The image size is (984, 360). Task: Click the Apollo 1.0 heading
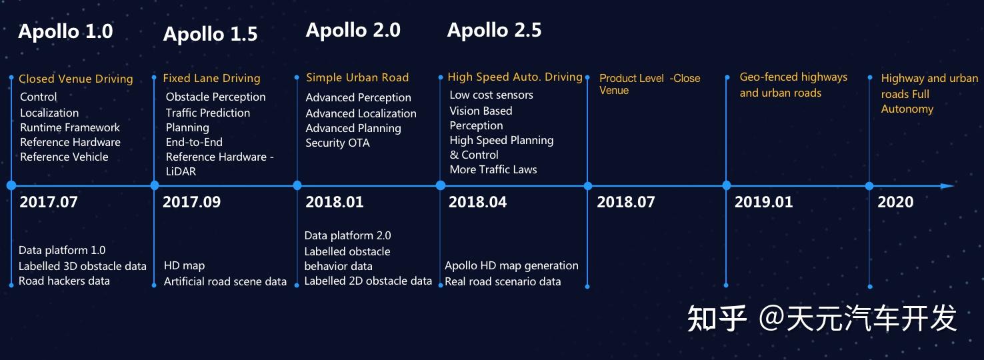pyautogui.click(x=65, y=31)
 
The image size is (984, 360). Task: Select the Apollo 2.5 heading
pyautogui.click(x=494, y=30)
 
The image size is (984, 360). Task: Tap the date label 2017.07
pyautogui.click(x=49, y=202)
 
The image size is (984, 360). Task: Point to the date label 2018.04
pyautogui.click(x=477, y=202)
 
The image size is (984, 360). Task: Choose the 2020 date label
pyautogui.click(x=895, y=202)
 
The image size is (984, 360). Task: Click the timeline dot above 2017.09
pyautogui.click(x=155, y=186)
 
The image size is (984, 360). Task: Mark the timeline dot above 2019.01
pyautogui.click(x=726, y=186)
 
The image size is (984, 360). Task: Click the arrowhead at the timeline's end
pyautogui.click(x=947, y=186)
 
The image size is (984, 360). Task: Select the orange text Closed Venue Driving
pyautogui.click(x=76, y=79)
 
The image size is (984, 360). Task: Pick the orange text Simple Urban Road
pyautogui.click(x=357, y=78)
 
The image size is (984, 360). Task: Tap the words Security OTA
pyautogui.click(x=337, y=143)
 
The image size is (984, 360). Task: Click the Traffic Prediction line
pyautogui.click(x=208, y=113)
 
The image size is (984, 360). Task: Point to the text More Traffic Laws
pyautogui.click(x=493, y=169)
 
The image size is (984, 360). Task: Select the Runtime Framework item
pyautogui.click(x=70, y=127)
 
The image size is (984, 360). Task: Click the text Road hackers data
pyautogui.click(x=64, y=281)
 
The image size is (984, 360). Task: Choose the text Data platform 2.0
pyautogui.click(x=347, y=235)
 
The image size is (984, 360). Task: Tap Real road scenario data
pyautogui.click(x=503, y=281)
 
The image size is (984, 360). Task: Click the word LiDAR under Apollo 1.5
pyautogui.click(x=180, y=171)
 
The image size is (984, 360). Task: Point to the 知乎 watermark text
pyautogui.click(x=717, y=319)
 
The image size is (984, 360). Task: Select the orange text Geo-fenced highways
pyautogui.click(x=793, y=77)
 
